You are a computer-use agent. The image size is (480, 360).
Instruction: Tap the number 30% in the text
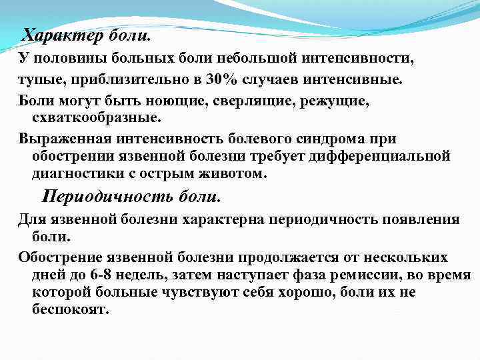coord(220,80)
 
